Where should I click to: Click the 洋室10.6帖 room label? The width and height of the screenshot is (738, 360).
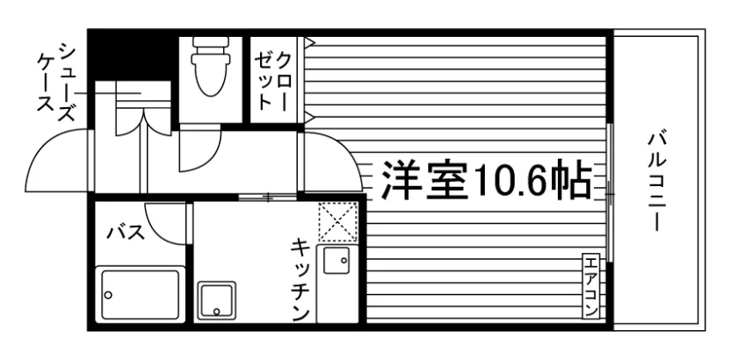point(486,179)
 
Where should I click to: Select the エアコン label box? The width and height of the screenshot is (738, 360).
point(590,286)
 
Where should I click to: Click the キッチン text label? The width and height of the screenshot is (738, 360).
point(300,280)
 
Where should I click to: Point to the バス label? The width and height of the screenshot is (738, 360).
point(125,232)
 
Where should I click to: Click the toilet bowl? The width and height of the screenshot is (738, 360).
point(210,76)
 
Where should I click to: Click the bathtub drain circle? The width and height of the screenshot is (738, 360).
point(108,295)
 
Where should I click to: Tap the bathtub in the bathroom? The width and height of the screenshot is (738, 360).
point(140,294)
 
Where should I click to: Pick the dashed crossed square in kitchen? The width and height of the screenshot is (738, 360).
point(338,221)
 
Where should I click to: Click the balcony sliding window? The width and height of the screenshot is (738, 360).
point(609,193)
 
